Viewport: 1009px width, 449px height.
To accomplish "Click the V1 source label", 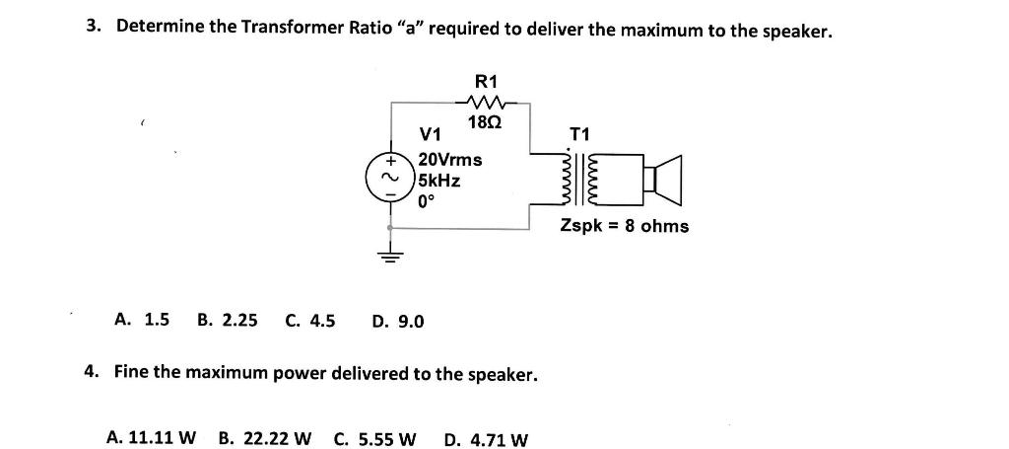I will (x=431, y=134).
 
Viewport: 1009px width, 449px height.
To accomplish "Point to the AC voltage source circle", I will (x=390, y=180).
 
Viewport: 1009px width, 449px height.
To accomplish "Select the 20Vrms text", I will (x=450, y=160).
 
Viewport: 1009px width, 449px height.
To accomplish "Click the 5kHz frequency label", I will (x=438, y=181).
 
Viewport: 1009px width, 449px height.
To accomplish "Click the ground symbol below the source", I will (x=390, y=260).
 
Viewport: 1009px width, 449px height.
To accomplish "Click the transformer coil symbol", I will (x=581, y=179).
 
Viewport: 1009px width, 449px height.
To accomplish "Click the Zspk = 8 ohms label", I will (x=625, y=226).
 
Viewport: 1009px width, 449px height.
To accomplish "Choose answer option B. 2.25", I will (x=228, y=320).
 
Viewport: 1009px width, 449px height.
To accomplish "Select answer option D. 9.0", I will (x=398, y=321).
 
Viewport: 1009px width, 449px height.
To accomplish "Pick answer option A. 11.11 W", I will (x=151, y=437).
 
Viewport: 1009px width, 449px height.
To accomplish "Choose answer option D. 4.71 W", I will (x=486, y=438).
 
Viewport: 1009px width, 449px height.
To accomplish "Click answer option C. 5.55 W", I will (x=375, y=437).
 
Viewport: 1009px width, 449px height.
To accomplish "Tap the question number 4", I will (x=92, y=373).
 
